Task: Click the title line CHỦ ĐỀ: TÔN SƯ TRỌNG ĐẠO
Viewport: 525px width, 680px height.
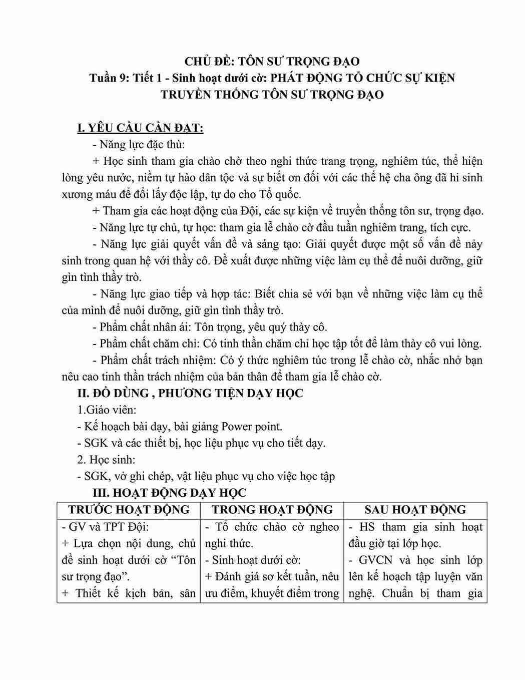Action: [272, 62]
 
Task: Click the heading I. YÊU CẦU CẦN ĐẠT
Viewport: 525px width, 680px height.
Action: [140, 128]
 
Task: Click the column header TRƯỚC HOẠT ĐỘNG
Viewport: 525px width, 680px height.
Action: [129, 510]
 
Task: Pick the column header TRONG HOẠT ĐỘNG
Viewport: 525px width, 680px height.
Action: [272, 510]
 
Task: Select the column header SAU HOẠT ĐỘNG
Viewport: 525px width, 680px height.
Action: [415, 510]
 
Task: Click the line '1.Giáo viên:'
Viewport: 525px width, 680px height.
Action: [107, 410]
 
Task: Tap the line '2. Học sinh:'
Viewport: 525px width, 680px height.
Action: [106, 460]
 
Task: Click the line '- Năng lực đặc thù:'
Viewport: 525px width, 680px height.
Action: [139, 145]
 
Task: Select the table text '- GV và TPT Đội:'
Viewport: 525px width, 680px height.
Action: [105, 527]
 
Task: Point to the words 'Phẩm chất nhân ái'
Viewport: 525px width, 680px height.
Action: [138, 327]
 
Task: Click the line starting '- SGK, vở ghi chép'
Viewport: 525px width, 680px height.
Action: [206, 476]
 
